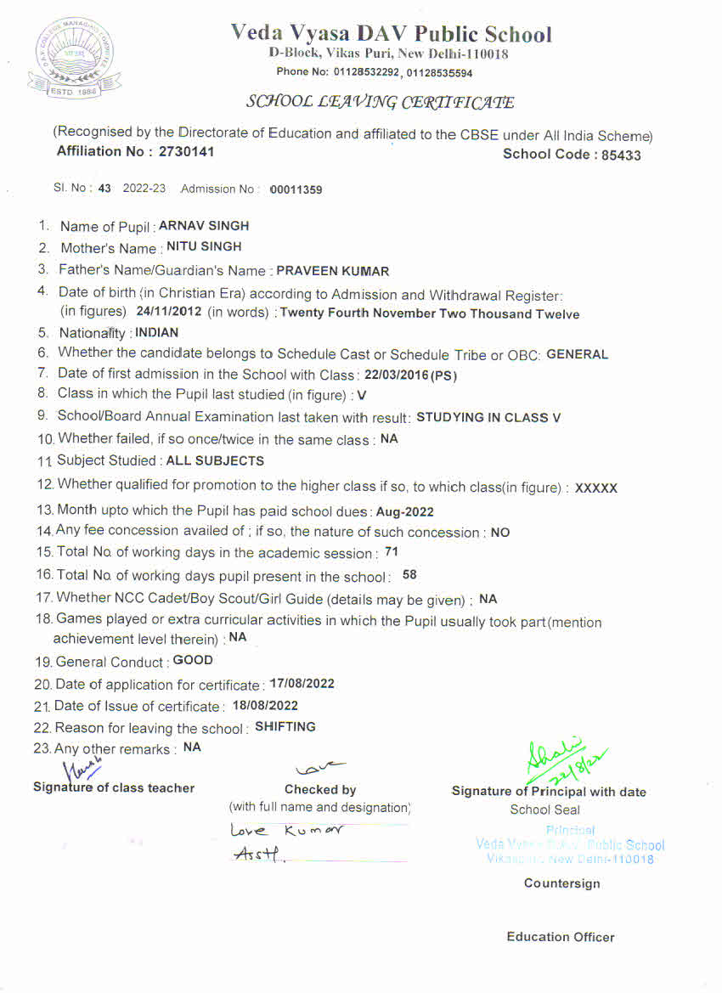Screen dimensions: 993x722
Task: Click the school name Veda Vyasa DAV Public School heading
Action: coord(391,34)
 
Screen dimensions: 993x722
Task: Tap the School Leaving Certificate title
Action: coord(380,102)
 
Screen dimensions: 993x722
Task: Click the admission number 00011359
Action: coord(296,189)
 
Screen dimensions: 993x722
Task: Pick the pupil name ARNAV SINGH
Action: coord(204,226)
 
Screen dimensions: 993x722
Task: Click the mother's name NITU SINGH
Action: coord(204,246)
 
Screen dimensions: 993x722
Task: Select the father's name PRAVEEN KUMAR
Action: coord(333,272)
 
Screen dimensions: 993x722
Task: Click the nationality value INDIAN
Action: coord(157,333)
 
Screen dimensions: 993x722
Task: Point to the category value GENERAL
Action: coord(578,354)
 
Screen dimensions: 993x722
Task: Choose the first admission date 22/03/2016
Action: coord(399,375)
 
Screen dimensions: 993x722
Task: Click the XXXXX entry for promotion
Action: coord(596,488)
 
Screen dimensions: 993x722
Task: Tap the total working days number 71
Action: coord(392,552)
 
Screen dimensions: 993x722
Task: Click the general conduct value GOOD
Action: coord(193,660)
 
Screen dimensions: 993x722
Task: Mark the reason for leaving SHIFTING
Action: coord(285,727)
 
